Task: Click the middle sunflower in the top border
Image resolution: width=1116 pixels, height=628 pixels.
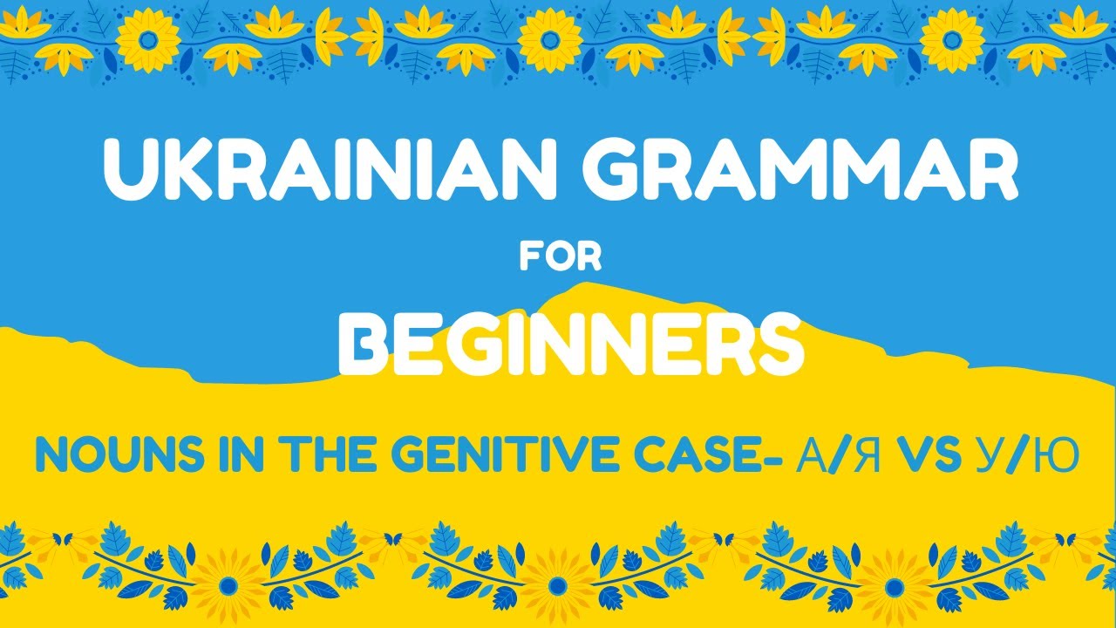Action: coord(551,38)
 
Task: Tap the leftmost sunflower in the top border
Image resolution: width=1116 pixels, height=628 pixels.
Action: coord(148,38)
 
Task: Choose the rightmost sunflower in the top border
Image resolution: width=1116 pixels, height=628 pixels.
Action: coord(953,38)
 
